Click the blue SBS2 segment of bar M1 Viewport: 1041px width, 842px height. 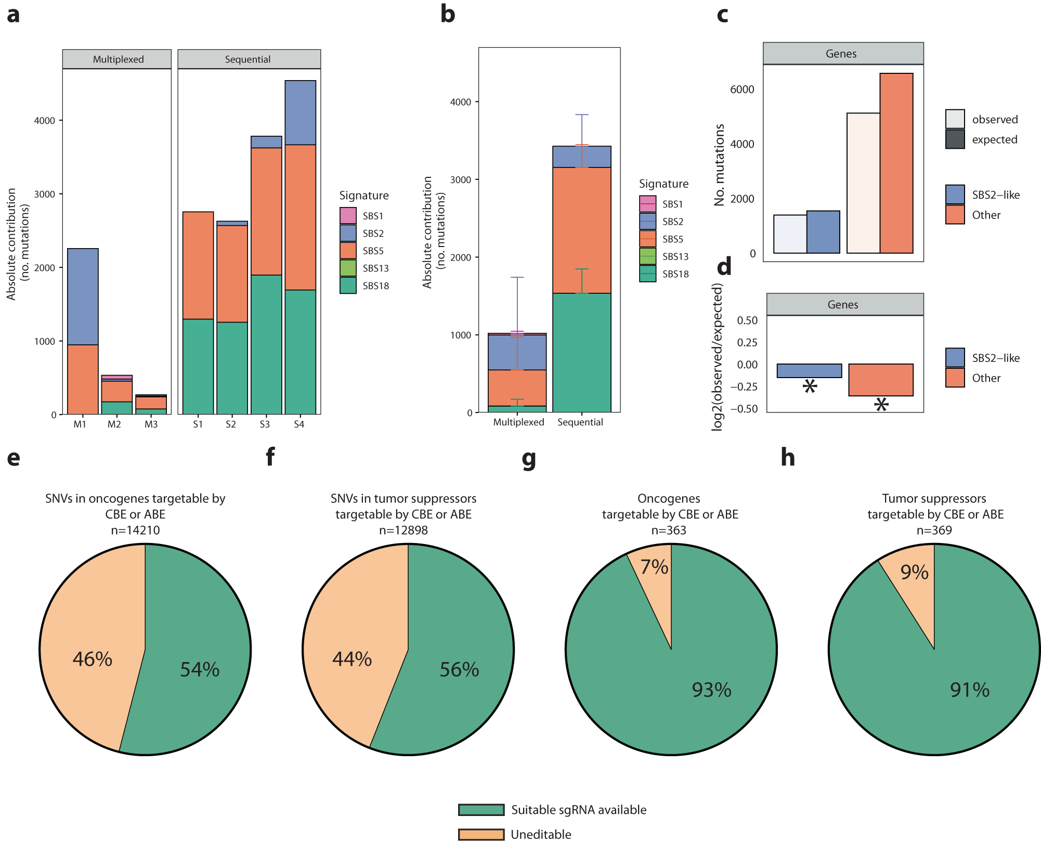coord(83,296)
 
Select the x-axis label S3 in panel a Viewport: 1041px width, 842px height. coord(265,424)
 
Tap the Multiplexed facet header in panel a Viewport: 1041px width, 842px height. coord(118,59)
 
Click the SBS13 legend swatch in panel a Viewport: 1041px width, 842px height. coord(348,268)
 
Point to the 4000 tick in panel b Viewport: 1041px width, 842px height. coord(460,102)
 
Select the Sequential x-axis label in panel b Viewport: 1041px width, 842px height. coord(580,422)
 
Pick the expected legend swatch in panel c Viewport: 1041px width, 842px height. coord(955,139)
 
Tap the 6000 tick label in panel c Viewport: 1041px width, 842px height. coord(741,89)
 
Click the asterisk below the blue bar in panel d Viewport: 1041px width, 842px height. coord(810,386)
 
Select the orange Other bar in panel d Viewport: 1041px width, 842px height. coord(880,380)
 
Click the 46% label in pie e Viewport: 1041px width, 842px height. coord(92,659)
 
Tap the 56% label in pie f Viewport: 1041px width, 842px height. coord(459,669)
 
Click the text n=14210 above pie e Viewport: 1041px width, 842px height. coord(135,530)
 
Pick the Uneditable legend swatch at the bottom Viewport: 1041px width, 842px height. coord(481,834)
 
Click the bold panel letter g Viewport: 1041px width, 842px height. coord(528,459)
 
